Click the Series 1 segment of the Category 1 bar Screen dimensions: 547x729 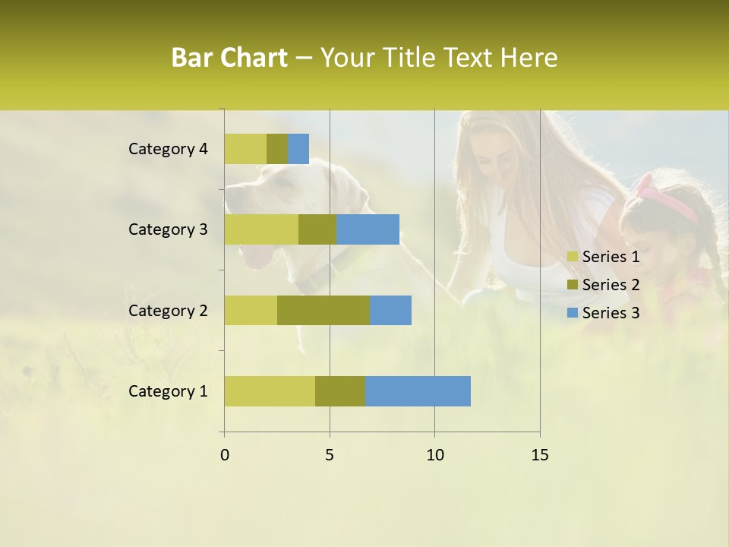pos(270,390)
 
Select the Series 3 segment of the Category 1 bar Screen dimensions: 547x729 pos(418,390)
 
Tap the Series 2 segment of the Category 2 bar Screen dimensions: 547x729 pos(323,310)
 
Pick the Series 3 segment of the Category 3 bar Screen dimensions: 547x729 pos(368,229)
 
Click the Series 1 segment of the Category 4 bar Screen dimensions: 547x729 pos(245,149)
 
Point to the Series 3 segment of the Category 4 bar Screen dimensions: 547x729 pos(298,149)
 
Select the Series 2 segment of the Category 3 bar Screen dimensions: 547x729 pos(317,229)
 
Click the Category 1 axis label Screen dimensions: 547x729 pos(168,391)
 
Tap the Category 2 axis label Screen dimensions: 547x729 pos(168,311)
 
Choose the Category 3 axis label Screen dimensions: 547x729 pos(168,229)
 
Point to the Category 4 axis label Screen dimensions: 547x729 pos(168,149)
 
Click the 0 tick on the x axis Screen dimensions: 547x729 pos(225,455)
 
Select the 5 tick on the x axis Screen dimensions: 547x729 pos(330,455)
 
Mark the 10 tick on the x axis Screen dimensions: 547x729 pos(434,455)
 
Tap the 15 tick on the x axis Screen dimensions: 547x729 pos(539,455)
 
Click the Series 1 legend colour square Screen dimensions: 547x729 pos(573,257)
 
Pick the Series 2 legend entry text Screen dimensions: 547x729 pos(611,285)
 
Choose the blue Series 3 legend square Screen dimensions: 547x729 pos(573,313)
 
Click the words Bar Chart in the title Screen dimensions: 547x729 pos(229,58)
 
